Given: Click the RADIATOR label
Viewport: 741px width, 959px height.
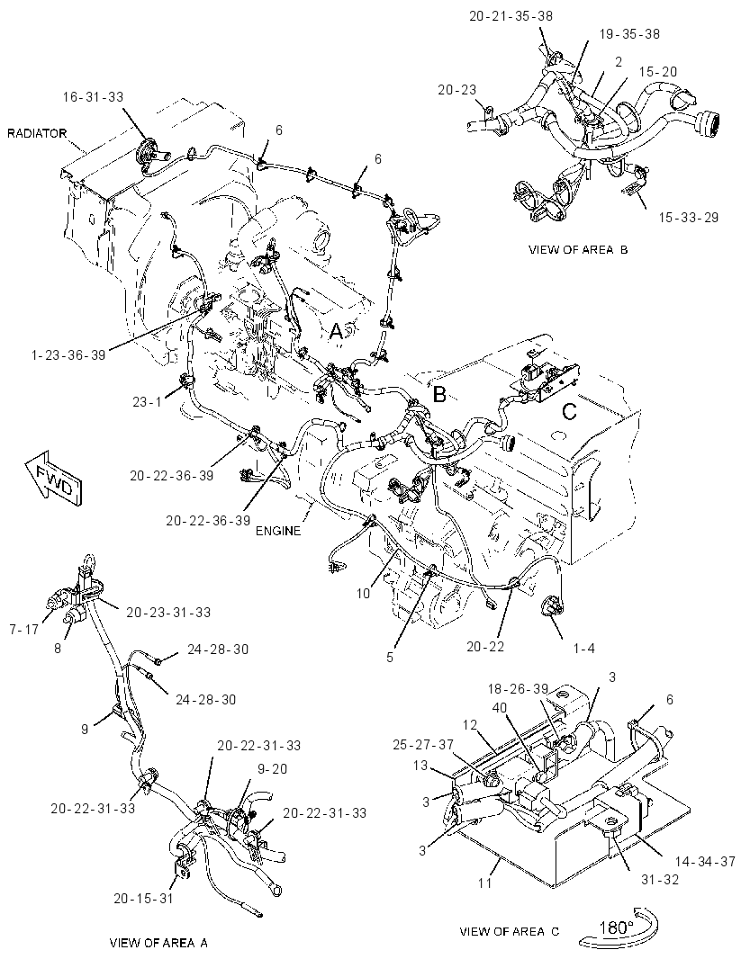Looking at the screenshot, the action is coord(37,133).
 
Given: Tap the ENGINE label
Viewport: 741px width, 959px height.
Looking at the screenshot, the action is coord(278,531).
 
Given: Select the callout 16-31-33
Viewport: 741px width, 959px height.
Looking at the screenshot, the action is coord(93,96).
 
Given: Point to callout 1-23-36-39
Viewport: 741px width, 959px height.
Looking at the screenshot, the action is coord(69,354).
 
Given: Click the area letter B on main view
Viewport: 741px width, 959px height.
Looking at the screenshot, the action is coord(439,395).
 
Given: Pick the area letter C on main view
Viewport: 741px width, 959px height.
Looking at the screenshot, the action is coord(569,412).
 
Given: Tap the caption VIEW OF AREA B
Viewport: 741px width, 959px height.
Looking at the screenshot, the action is coord(578,249).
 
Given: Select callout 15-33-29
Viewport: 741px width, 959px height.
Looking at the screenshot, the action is coord(689,217).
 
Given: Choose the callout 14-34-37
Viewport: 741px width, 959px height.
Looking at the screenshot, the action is coord(705,861).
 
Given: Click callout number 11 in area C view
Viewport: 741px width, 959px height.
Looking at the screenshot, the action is coord(484,883).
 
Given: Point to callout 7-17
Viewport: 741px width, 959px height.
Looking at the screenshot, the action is coord(24,630).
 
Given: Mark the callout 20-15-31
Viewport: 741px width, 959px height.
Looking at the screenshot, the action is coord(143,899).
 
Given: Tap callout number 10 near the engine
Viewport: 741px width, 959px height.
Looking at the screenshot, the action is coord(364,593).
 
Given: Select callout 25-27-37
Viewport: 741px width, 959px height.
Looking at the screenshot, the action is coord(423,744).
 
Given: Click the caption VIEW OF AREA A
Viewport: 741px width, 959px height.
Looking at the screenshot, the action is coord(158,943).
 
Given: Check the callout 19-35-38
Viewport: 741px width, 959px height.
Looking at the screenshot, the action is coord(629,34).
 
